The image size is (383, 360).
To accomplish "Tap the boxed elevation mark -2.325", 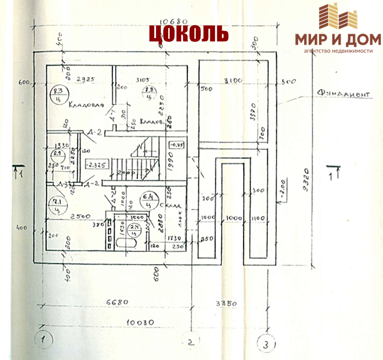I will click(x=96, y=164).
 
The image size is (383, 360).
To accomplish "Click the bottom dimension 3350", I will click(x=226, y=302).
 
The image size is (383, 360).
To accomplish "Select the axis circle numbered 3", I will click(x=267, y=344).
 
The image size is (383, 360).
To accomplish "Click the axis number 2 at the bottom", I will click(x=190, y=342).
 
